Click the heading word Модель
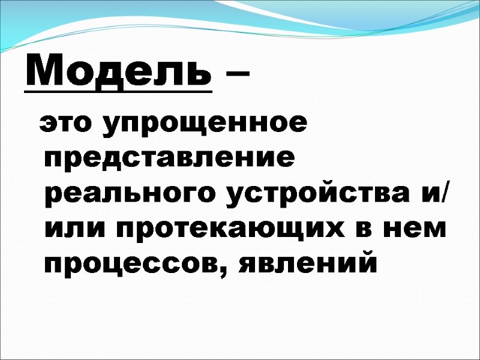(x=118, y=73)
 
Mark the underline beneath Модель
(x=118, y=92)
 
